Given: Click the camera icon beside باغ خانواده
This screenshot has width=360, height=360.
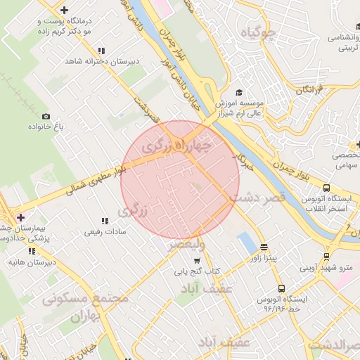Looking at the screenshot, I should click(46, 116).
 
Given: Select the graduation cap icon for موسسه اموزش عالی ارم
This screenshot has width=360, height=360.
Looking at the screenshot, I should click(239, 92).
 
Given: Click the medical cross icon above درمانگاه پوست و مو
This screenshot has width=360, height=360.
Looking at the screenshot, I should click(65, 11).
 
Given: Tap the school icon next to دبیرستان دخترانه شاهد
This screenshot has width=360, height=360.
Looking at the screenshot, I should click(102, 51).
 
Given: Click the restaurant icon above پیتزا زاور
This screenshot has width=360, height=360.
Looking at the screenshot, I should click(264, 247).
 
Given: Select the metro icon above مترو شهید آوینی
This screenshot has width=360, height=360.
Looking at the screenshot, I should click(326, 257).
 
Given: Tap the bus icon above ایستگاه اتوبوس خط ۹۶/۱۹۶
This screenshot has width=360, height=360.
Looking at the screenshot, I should click(281, 288).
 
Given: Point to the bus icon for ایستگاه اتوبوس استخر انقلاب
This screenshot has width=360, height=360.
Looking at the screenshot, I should click(326, 188).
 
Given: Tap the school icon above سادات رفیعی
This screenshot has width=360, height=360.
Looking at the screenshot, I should click(105, 221).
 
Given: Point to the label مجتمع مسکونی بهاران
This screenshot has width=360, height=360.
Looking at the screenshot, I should click(85, 307).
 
